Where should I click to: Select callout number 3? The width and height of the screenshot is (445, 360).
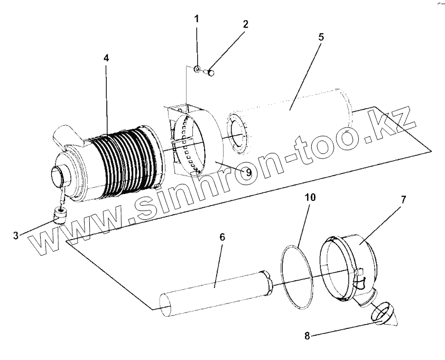click(15, 235)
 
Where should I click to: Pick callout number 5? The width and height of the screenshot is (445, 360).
click(321, 38)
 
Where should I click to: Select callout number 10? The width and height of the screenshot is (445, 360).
click(311, 198)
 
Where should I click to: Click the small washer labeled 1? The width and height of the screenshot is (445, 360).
click(197, 69)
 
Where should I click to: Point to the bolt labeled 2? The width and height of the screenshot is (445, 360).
click(210, 73)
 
